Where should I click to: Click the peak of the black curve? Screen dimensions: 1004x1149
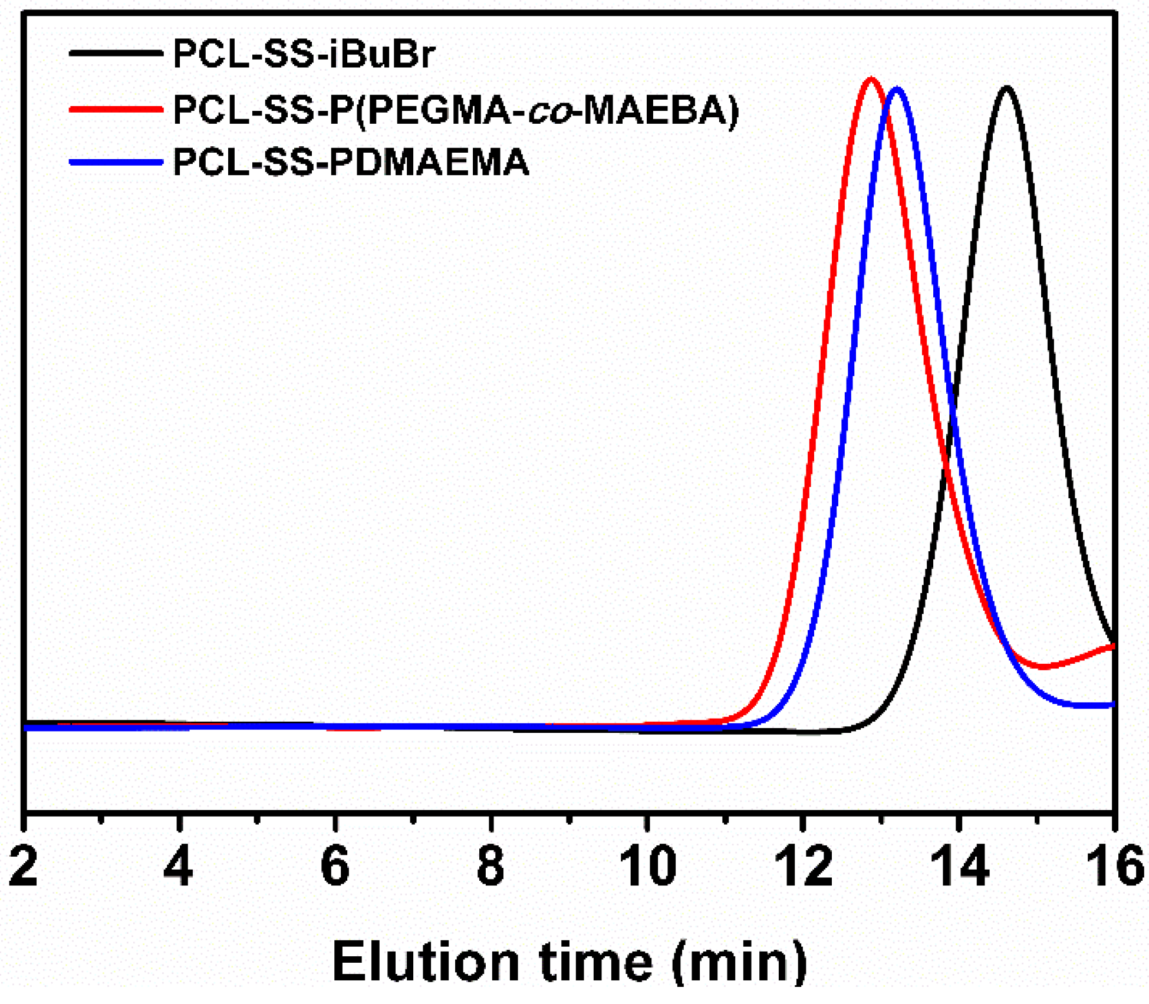pyautogui.click(x=1006, y=88)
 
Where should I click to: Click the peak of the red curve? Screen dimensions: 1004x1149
pyautogui.click(x=871, y=80)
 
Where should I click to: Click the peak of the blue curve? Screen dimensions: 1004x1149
pyautogui.click(x=897, y=90)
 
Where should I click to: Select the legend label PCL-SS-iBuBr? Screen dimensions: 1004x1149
pyautogui.click(x=304, y=54)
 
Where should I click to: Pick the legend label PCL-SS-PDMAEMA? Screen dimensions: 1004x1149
pyautogui.click(x=351, y=162)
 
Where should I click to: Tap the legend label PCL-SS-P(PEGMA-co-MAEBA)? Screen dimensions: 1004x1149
pyautogui.click(x=456, y=110)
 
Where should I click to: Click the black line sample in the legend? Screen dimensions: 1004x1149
pyautogui.click(x=116, y=53)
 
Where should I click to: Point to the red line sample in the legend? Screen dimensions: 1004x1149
pyautogui.click(x=116, y=109)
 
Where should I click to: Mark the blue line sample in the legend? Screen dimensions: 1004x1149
pyautogui.click(x=116, y=162)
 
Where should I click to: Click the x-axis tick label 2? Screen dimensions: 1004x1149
pyautogui.click(x=24, y=867)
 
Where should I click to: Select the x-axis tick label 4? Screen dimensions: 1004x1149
pyautogui.click(x=178, y=867)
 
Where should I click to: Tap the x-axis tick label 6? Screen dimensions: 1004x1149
pyautogui.click(x=335, y=867)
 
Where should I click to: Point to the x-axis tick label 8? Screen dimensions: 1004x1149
pyautogui.click(x=490, y=867)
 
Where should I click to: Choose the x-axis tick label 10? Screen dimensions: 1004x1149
pyautogui.click(x=647, y=867)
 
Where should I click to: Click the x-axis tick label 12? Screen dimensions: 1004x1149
pyautogui.click(x=803, y=867)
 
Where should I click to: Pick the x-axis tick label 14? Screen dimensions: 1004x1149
pyautogui.click(x=959, y=867)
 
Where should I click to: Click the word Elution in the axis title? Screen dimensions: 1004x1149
pyautogui.click(x=426, y=961)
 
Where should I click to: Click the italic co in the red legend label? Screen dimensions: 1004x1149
pyautogui.click(x=549, y=111)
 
